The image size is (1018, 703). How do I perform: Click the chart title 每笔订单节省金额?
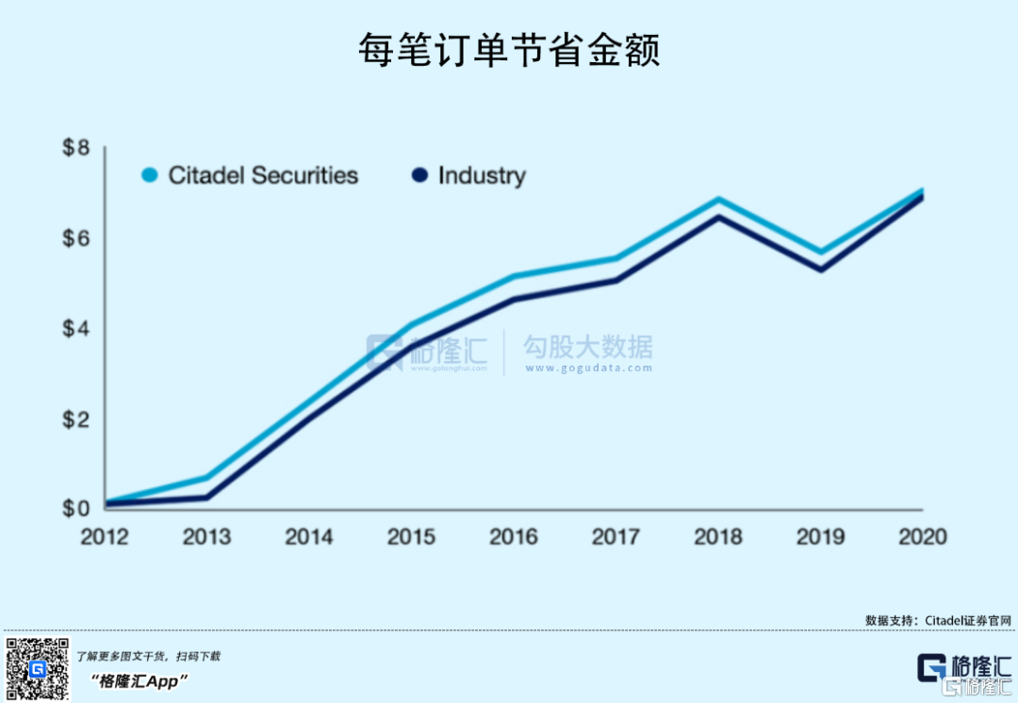click(509, 51)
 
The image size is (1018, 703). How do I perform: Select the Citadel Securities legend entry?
click(251, 175)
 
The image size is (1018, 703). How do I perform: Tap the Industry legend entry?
click(469, 175)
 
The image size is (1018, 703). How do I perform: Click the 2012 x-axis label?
click(105, 537)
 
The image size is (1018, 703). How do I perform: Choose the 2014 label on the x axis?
click(309, 537)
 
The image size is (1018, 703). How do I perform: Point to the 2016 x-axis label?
click(514, 537)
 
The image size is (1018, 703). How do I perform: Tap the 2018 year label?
click(718, 537)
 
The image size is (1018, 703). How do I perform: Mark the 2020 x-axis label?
click(923, 537)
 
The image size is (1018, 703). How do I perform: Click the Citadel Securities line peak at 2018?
click(718, 200)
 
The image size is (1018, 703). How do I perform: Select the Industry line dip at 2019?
click(821, 270)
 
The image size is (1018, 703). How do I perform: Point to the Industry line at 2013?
click(207, 498)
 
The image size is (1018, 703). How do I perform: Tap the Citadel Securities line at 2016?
click(514, 276)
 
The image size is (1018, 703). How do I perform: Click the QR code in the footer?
click(39, 669)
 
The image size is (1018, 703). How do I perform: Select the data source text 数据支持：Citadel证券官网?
click(938, 620)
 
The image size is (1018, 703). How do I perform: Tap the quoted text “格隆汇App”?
click(140, 680)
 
